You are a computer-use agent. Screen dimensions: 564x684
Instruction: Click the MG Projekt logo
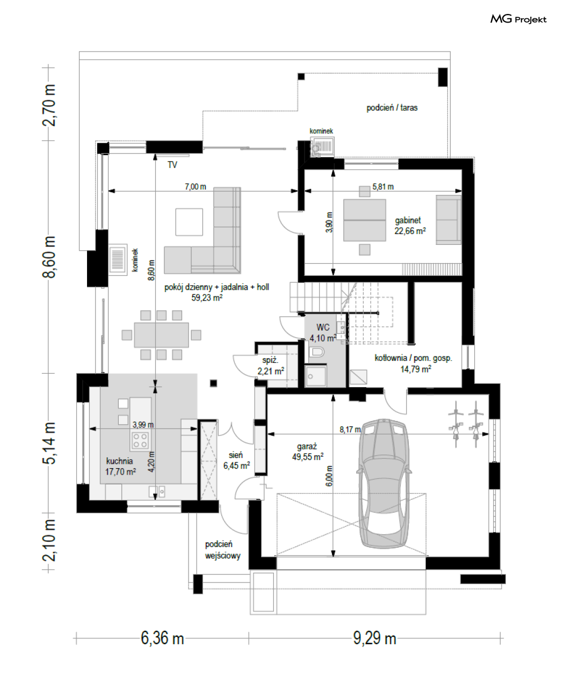(518, 19)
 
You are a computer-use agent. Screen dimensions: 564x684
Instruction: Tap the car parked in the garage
(384, 483)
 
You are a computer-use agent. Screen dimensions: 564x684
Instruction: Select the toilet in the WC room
(316, 353)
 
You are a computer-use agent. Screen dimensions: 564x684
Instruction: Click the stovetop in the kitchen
(140, 440)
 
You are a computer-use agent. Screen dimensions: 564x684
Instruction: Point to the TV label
(172, 165)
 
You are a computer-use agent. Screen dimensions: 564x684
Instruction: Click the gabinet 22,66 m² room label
(410, 225)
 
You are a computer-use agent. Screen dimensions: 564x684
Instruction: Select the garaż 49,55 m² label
(308, 452)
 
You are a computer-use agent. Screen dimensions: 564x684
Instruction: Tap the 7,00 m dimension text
(196, 187)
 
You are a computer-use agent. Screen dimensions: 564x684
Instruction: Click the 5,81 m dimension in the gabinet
(383, 187)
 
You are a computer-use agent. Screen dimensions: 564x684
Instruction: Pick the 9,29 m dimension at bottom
(374, 638)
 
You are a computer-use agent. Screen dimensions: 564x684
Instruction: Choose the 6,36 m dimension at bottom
(162, 638)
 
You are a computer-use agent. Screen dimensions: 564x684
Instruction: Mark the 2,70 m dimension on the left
(48, 105)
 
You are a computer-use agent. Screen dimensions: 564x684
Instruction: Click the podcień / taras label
(392, 108)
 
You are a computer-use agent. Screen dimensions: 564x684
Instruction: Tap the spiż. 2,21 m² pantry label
(271, 366)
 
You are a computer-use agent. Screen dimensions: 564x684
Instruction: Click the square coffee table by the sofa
(189, 222)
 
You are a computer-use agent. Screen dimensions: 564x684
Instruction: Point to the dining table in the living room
(161, 335)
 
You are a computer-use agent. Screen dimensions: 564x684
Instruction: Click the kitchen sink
(157, 491)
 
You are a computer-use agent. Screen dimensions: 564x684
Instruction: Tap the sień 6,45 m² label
(236, 460)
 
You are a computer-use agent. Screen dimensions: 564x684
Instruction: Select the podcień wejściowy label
(222, 550)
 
